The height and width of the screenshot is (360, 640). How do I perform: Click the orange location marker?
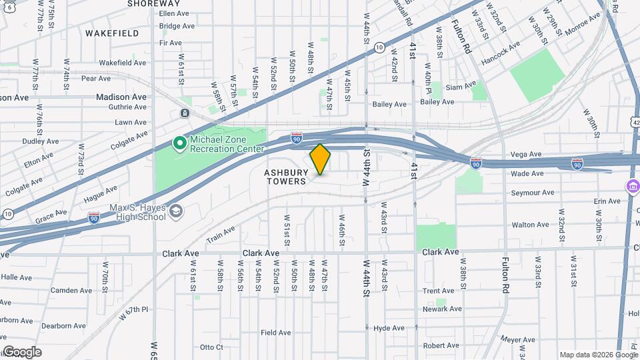pyautogui.click(x=320, y=159)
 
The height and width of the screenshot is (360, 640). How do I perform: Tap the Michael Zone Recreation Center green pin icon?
pyautogui.click(x=179, y=143)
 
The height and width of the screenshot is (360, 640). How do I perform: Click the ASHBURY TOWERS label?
pyautogui.click(x=285, y=176)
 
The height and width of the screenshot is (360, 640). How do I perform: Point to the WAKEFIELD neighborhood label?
pyautogui.click(x=112, y=33)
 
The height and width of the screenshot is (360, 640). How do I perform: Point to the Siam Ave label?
pyautogui.click(x=461, y=87)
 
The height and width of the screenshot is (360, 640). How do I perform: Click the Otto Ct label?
pyautogui.click(x=211, y=347)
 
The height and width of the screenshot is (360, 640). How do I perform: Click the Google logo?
pyautogui.click(x=21, y=352)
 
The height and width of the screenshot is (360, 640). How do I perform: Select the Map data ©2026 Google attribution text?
pyautogui.click(x=598, y=355)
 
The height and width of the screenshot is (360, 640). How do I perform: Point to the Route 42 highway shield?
pyautogui.click(x=636, y=122)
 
